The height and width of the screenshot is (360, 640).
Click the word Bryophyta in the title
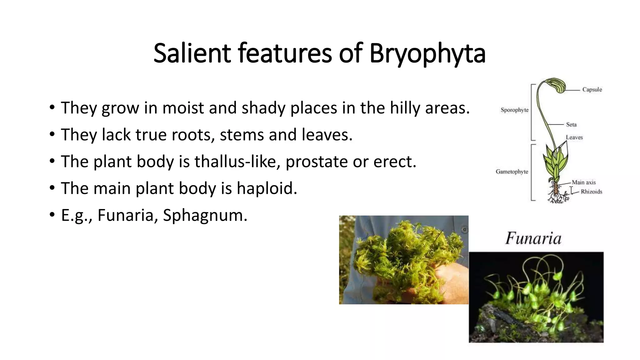pyautogui.click(x=427, y=54)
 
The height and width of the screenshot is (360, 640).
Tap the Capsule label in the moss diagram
pyautogui.click(x=592, y=90)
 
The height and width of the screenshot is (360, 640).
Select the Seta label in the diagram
pyautogui.click(x=571, y=124)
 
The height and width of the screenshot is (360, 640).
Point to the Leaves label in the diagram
pyautogui.click(x=574, y=137)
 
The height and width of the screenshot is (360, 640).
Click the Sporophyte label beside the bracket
pyautogui.click(x=514, y=110)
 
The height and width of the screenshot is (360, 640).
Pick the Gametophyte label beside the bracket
pyautogui.click(x=512, y=172)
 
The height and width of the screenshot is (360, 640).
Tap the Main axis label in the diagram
pyautogui.click(x=584, y=182)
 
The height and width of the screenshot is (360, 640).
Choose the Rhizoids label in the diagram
pyautogui.click(x=591, y=192)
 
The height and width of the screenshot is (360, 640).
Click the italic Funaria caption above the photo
pyautogui.click(x=533, y=238)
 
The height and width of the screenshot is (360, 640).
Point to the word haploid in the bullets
pyautogui.click(x=267, y=188)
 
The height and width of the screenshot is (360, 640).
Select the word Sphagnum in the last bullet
pyautogui.click(x=205, y=215)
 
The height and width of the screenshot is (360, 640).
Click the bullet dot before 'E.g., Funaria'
pyautogui.click(x=52, y=215)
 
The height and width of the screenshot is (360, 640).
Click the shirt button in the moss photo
pyautogui.click(x=465, y=230)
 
